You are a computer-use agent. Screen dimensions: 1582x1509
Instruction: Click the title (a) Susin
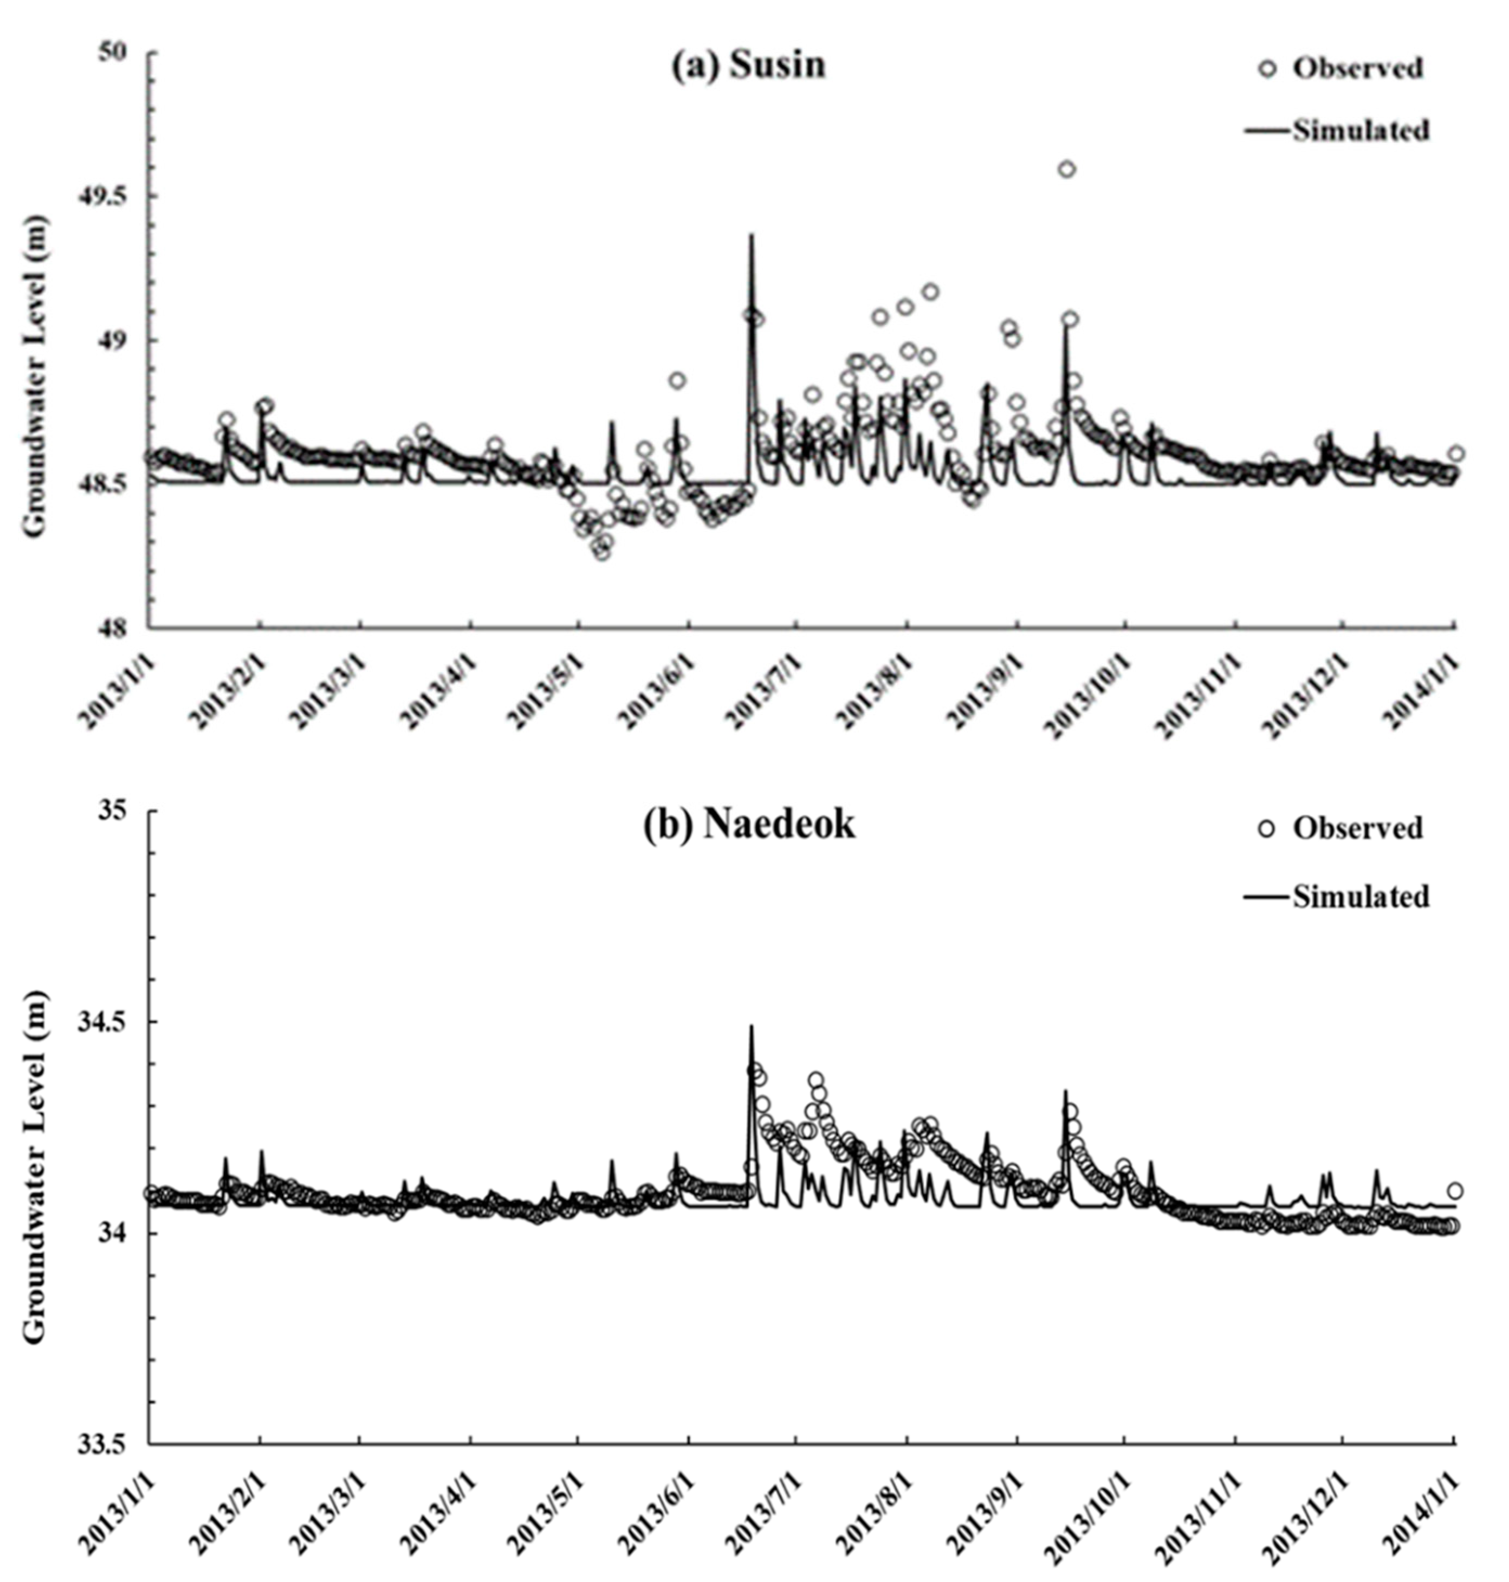[x=749, y=65]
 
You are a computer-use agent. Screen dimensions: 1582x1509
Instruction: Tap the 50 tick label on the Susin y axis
[x=121, y=54]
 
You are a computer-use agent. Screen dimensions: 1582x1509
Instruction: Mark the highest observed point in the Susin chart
[x=1067, y=169]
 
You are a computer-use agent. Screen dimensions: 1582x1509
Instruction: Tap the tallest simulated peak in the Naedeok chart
[x=752, y=1026]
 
